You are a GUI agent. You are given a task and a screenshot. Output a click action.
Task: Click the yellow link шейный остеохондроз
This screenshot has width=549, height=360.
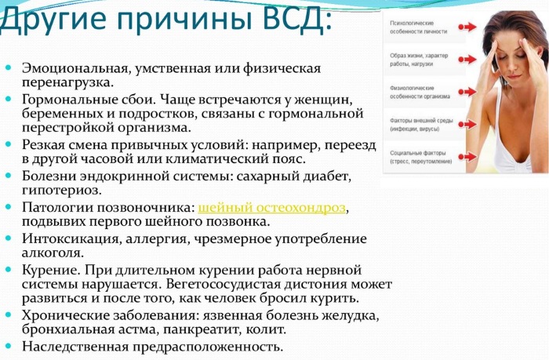272,207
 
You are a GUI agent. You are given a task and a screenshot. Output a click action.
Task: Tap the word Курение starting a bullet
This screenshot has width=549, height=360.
50,269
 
